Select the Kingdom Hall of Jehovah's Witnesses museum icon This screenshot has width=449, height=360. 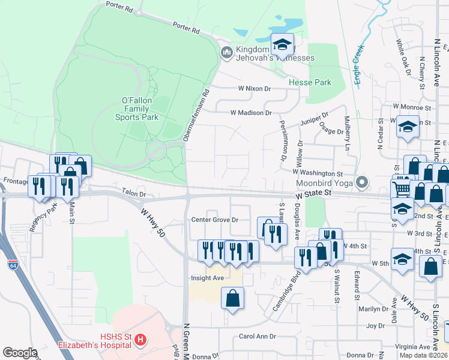click(x=226, y=53)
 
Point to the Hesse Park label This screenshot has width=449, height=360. click(x=310, y=82)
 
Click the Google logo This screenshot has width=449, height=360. click(x=20, y=353)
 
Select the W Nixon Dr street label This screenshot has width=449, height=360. click(x=255, y=88)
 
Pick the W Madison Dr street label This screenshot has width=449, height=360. click(x=251, y=112)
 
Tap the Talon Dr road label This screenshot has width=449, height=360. click(x=134, y=194)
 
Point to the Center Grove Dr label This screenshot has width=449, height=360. click(x=215, y=220)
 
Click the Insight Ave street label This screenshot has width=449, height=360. click(x=207, y=278)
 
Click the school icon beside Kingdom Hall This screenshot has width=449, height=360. click(x=282, y=43)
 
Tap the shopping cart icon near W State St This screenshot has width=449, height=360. click(x=401, y=188)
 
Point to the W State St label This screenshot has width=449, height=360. click(x=313, y=194)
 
